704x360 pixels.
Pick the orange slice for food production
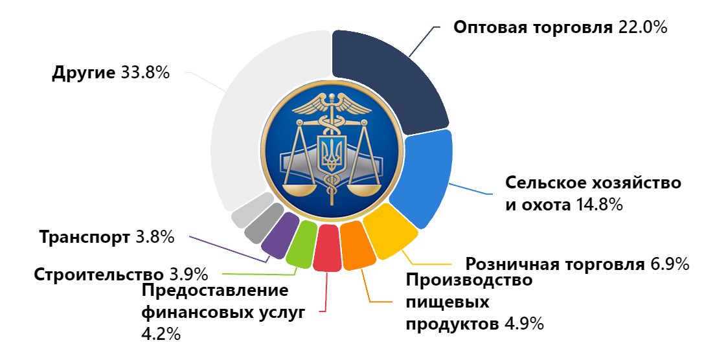pyautogui.click(x=358, y=245)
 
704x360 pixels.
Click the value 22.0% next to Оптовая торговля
pyautogui.click(x=643, y=27)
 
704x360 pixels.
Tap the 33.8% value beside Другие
pyautogui.click(x=146, y=73)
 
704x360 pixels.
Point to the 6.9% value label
pyautogui.click(x=670, y=264)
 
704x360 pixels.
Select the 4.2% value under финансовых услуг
pyautogui.click(x=161, y=333)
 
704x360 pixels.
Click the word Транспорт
pyautogui.click(x=84, y=238)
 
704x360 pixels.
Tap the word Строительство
pyautogui.click(x=98, y=275)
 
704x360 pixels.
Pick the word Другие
pyautogui.click(x=84, y=73)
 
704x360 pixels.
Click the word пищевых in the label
pyautogui.click(x=447, y=302)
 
